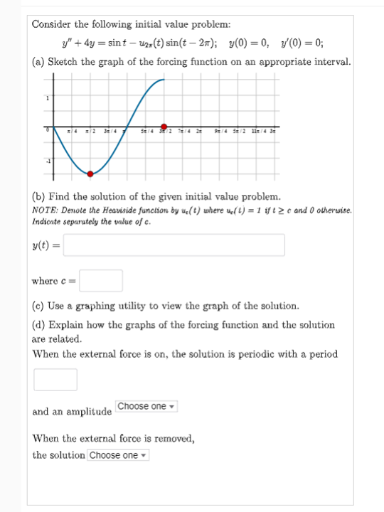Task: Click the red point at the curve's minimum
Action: click(x=90, y=173)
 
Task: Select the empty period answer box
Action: click(x=55, y=379)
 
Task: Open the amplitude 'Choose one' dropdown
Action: click(x=146, y=406)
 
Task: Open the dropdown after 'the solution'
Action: click(x=118, y=455)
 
